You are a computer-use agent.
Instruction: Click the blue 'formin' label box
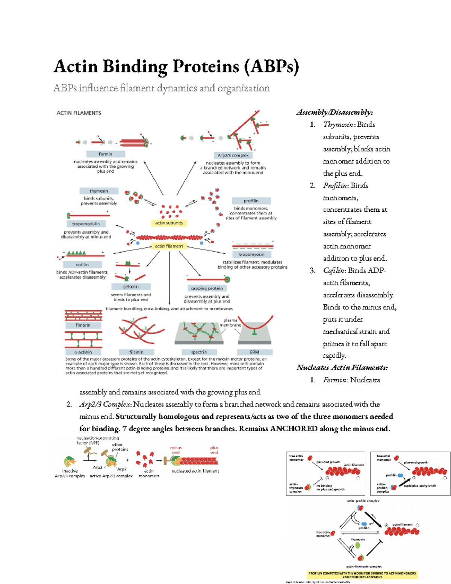tap(106, 154)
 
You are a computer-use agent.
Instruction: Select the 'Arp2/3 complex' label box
tap(233, 155)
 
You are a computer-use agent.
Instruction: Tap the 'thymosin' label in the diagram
tap(99, 191)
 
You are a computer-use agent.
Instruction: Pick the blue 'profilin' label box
tap(251, 201)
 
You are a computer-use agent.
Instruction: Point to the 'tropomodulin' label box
tap(86, 224)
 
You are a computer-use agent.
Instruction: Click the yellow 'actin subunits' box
tap(169, 223)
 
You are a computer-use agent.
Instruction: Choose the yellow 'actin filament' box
tap(169, 246)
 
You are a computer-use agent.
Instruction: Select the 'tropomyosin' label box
tap(252, 255)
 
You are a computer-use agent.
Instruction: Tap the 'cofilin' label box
tap(82, 265)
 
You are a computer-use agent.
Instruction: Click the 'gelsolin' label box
tap(131, 287)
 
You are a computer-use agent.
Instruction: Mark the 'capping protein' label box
tap(207, 288)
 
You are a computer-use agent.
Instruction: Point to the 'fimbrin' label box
tap(83, 325)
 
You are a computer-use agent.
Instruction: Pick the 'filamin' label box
tap(136, 352)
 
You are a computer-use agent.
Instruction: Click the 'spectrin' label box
tap(199, 352)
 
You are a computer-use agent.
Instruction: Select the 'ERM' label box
tap(254, 352)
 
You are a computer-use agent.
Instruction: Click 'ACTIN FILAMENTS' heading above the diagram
tap(79, 113)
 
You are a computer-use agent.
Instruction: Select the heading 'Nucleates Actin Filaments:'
tap(342, 367)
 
